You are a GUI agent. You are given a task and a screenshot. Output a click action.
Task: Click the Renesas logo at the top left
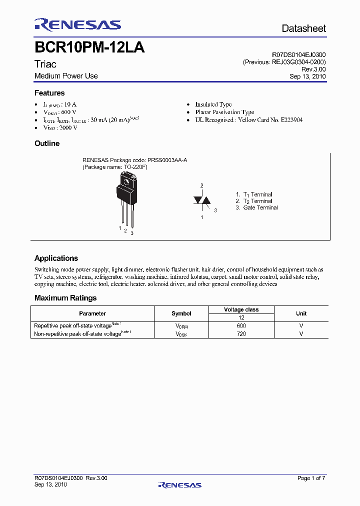(x=77, y=25)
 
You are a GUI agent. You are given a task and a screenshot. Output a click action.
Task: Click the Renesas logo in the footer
(x=179, y=484)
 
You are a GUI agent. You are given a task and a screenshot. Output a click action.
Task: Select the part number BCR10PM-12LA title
(x=89, y=48)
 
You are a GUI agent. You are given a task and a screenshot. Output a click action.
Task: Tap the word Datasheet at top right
(x=303, y=28)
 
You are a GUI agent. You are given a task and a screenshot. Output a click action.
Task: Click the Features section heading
(x=49, y=93)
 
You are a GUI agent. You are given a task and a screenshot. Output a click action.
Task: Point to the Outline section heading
(x=47, y=143)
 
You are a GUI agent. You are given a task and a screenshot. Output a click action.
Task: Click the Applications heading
(x=56, y=258)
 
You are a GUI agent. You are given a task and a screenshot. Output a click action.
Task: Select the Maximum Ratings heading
(x=65, y=298)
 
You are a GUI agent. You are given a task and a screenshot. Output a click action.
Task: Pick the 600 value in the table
(x=241, y=325)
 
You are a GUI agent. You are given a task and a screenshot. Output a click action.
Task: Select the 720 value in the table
(x=241, y=333)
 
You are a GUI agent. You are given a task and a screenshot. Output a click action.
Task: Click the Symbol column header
(x=181, y=313)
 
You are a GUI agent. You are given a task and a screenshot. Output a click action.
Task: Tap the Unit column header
(x=301, y=313)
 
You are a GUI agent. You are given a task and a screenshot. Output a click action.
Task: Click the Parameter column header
(x=92, y=313)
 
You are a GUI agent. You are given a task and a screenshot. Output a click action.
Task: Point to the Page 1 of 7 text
(x=311, y=478)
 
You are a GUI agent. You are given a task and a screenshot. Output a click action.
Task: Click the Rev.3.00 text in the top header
(x=315, y=69)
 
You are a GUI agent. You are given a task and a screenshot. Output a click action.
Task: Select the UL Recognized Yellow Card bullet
(x=248, y=120)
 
